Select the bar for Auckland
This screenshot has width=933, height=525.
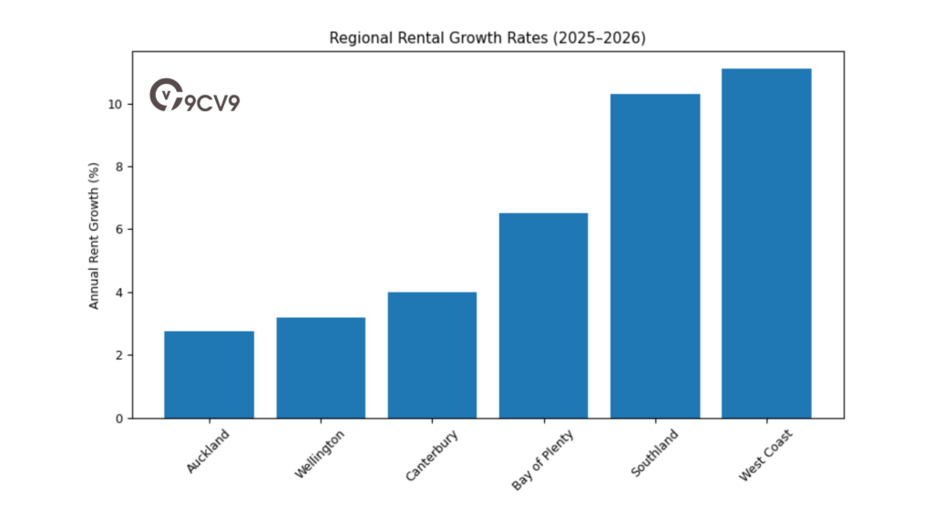click(x=209, y=375)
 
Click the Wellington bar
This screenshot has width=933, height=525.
click(x=320, y=368)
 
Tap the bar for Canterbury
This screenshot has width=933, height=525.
click(x=432, y=355)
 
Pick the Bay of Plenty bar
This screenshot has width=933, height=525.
click(x=543, y=316)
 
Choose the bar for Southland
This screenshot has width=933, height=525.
click(x=655, y=256)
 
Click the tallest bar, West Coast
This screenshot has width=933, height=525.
click(x=766, y=243)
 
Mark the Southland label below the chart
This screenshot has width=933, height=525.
click(x=654, y=454)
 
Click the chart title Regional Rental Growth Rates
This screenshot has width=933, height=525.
click(x=487, y=38)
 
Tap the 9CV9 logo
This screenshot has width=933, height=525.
click(x=194, y=97)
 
